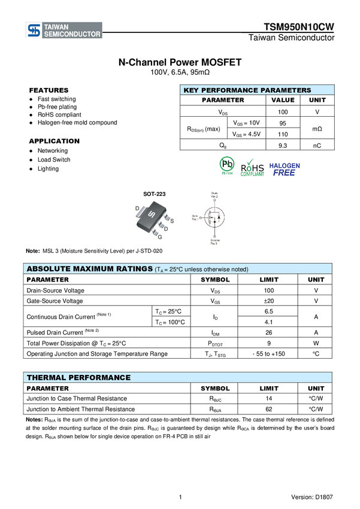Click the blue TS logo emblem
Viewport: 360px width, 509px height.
pos(34,31)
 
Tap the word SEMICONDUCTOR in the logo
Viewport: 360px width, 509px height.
pos(72,35)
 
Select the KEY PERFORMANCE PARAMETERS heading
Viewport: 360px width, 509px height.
pos(247,90)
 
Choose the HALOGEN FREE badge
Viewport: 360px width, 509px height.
pos(285,169)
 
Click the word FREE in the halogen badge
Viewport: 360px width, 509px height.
pos(285,173)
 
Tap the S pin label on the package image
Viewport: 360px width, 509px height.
pos(172,221)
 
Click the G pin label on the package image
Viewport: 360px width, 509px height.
pos(160,237)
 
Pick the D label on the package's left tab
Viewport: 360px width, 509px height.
pos(137,208)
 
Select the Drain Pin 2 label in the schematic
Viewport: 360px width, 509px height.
pos(214,195)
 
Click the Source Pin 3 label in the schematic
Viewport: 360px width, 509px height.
pos(214,243)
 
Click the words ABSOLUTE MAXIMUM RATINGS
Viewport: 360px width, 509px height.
pos(89,269)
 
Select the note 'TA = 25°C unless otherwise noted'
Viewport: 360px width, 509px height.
pos(201,270)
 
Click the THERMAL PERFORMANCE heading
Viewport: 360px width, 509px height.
pos(78,378)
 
